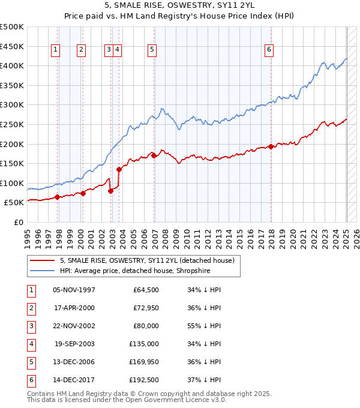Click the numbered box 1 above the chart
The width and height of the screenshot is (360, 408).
(55, 50)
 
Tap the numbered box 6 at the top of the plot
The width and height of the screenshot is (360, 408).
(269, 50)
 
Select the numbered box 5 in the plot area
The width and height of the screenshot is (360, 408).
(152, 50)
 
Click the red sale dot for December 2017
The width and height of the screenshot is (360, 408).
(271, 146)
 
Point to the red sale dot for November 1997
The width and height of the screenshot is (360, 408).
(58, 197)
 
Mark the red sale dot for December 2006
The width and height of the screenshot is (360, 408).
(154, 155)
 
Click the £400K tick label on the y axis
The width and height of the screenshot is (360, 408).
(12, 65)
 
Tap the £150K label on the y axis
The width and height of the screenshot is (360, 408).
(12, 163)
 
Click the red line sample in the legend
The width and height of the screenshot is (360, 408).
(42, 261)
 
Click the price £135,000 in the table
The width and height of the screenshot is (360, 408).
(144, 344)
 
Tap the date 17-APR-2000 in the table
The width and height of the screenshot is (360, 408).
(74, 308)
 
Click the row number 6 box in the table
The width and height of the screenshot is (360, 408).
(30, 380)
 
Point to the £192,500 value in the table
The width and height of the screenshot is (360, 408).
(144, 380)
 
